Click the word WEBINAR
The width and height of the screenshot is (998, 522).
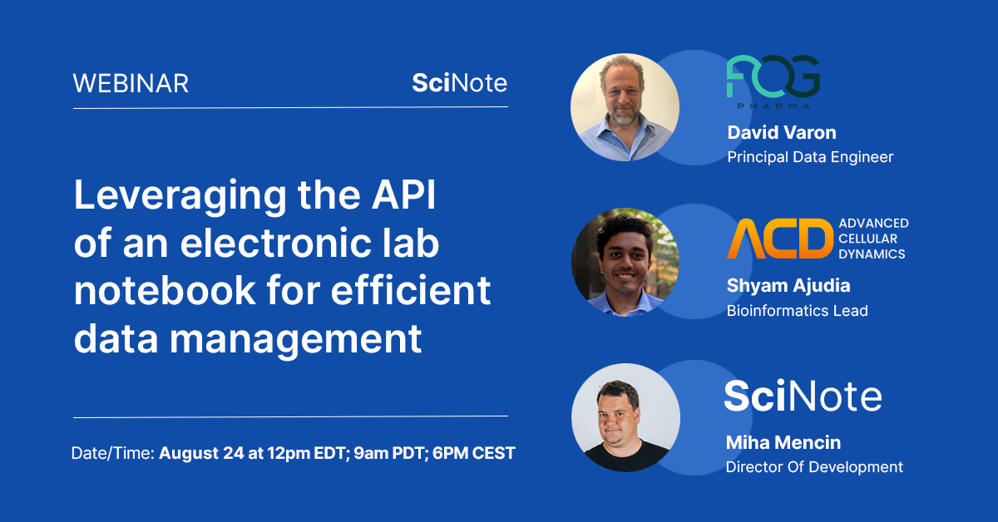click(x=131, y=83)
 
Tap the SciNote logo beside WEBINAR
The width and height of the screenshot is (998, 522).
click(x=459, y=83)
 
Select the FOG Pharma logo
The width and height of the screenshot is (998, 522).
click(x=773, y=81)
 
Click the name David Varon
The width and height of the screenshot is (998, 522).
click(x=782, y=132)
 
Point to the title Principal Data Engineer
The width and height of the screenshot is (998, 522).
click(x=810, y=157)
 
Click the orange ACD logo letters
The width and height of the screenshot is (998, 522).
click(x=780, y=239)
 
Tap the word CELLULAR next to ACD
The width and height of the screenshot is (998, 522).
click(x=867, y=239)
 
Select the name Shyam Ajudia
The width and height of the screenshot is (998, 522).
click(x=788, y=285)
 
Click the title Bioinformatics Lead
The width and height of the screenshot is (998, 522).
click(x=797, y=310)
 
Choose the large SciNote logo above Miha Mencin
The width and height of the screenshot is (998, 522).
click(x=803, y=396)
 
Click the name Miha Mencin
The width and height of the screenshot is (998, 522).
click(x=783, y=442)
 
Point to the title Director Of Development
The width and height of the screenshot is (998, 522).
click(x=814, y=467)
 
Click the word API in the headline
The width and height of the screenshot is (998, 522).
click(x=403, y=195)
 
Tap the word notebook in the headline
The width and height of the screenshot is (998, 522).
click(x=165, y=290)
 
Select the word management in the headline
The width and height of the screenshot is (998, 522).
click(x=295, y=339)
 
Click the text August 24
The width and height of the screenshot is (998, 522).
click(x=201, y=453)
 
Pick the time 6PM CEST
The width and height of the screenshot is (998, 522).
click(x=473, y=453)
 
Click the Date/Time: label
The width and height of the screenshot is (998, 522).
click(x=113, y=453)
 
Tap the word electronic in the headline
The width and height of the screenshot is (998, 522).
click(x=276, y=243)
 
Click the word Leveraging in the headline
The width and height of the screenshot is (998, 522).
click(x=180, y=196)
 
